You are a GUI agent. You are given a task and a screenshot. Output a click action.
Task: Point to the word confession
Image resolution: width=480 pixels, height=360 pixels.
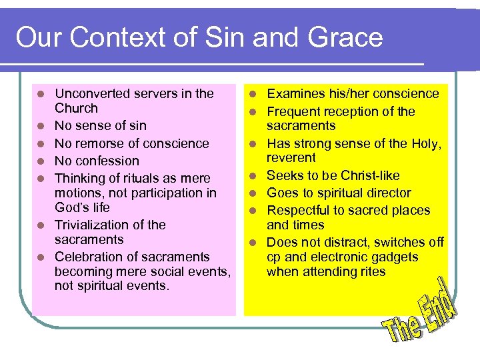[107, 161]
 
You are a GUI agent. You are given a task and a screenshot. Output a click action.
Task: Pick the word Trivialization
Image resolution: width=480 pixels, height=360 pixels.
[93, 225]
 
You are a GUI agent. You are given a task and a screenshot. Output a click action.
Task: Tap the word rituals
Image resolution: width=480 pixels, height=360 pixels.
[135, 178]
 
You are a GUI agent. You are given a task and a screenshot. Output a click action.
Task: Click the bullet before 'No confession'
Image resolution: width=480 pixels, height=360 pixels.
[41, 161]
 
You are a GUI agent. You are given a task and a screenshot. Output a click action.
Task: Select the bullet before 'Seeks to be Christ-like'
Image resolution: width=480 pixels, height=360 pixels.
[253, 176]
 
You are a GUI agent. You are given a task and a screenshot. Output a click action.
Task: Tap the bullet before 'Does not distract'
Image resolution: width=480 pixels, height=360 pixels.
[253, 243]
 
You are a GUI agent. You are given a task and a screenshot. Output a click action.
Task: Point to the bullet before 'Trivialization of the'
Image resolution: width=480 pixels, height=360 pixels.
[41, 225]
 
